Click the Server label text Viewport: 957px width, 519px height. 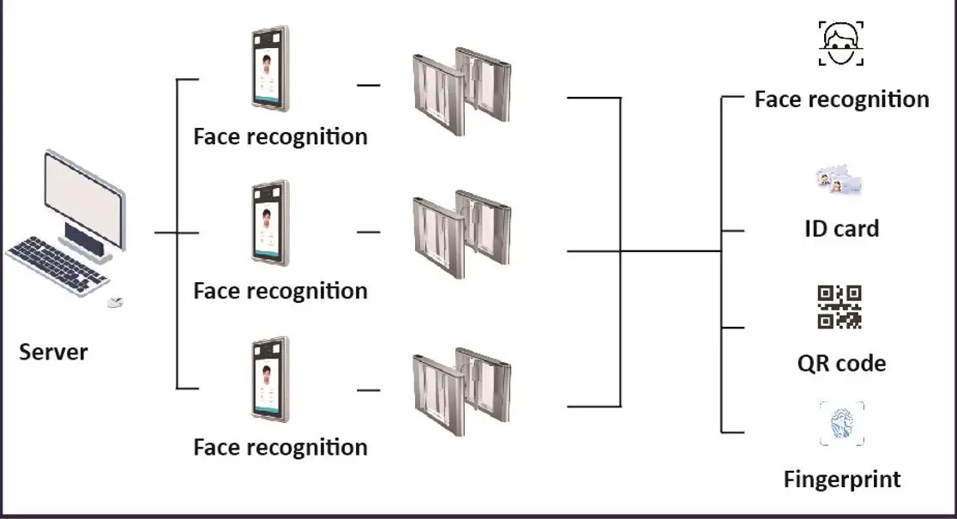click(53, 352)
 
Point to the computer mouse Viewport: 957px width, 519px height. click(115, 301)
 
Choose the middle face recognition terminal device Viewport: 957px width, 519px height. click(270, 223)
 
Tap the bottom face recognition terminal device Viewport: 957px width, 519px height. click(270, 379)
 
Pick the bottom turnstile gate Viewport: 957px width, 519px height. click(461, 390)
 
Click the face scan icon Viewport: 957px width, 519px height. click(840, 44)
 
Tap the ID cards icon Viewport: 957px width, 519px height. click(836, 182)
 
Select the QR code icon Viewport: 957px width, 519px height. click(839, 307)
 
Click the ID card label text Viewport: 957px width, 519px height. click(841, 229)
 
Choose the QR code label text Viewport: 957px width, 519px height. click(841, 363)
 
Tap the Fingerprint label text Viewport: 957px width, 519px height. click(842, 479)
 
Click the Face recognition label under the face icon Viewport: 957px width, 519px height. click(841, 100)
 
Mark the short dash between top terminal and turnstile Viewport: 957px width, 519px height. click(368, 85)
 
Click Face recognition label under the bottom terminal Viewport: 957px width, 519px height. click(280, 447)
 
